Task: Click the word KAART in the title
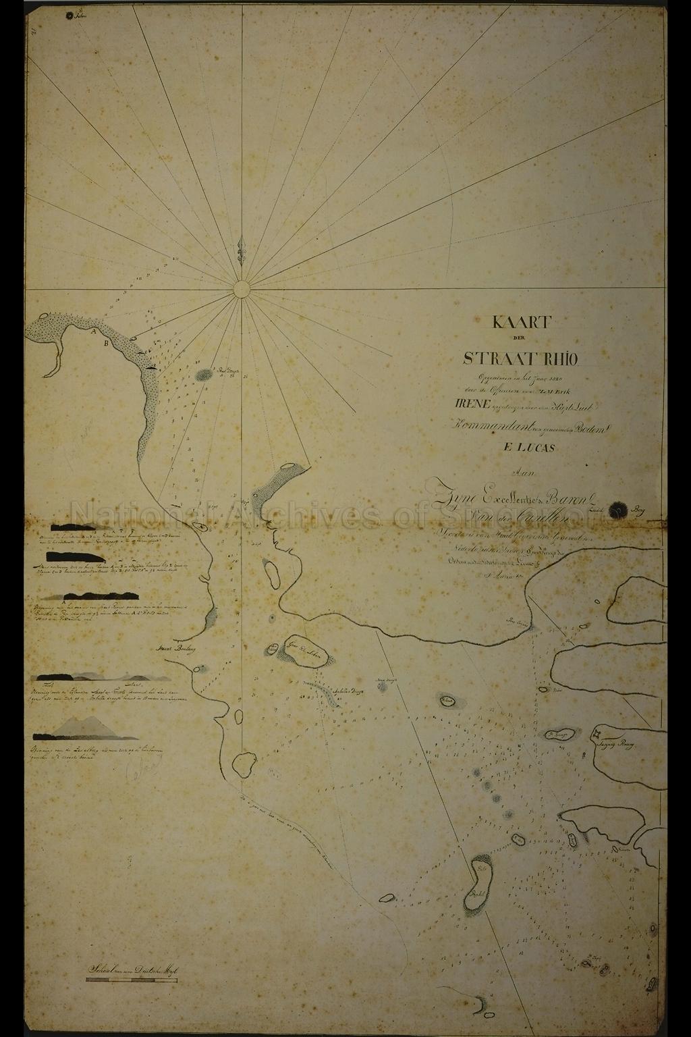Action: coord(522,322)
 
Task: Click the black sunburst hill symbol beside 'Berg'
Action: coord(617,511)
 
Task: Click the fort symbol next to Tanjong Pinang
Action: coord(597,734)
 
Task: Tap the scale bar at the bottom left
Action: coord(132,979)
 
